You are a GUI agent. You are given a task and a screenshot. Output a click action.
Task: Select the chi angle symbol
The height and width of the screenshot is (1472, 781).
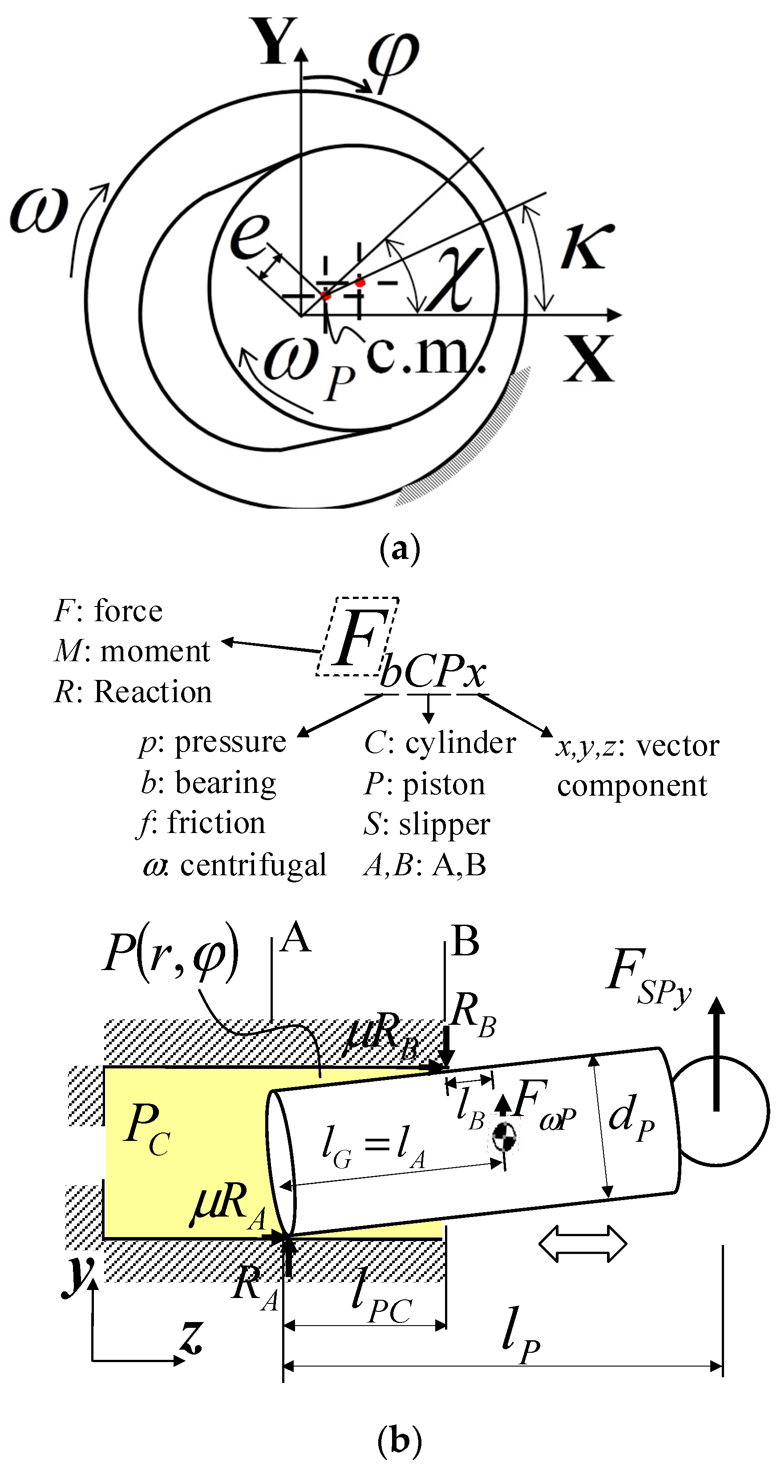454,280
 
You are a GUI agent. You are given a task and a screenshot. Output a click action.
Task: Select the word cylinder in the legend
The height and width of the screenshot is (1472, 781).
460,743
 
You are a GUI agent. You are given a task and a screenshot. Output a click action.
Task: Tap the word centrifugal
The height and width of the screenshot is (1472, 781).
253,865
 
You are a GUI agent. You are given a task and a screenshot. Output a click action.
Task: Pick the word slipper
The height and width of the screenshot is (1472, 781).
444,824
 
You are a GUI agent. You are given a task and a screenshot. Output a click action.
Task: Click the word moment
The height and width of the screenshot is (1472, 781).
155,651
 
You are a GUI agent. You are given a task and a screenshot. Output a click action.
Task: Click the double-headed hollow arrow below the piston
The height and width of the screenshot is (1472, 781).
583,1243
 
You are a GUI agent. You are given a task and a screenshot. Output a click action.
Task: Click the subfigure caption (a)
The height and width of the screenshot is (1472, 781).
399,549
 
